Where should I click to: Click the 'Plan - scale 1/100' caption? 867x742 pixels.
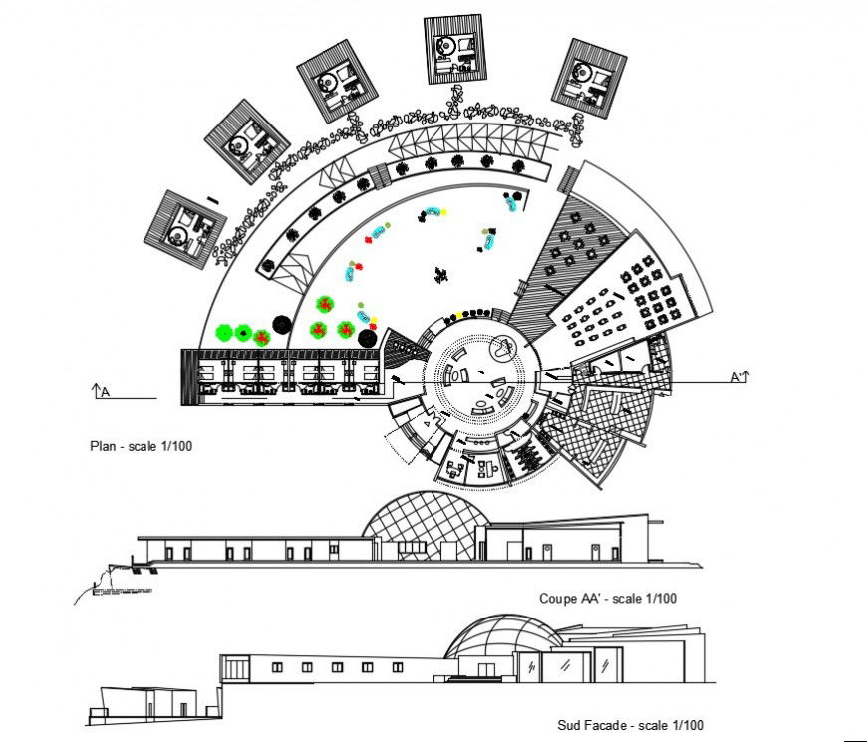[x=141, y=446]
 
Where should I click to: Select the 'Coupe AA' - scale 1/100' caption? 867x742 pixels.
[x=608, y=599]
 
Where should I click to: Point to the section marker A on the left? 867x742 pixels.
[x=101, y=393]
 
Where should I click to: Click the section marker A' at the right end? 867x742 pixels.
[x=738, y=376]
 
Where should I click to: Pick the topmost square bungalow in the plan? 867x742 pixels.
[x=453, y=49]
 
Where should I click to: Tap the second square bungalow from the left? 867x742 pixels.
[x=246, y=140]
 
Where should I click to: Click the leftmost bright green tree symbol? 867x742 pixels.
[x=223, y=332]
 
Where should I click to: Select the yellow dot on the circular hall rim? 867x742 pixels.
[x=456, y=316]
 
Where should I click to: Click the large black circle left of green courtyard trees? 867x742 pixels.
[x=282, y=325]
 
